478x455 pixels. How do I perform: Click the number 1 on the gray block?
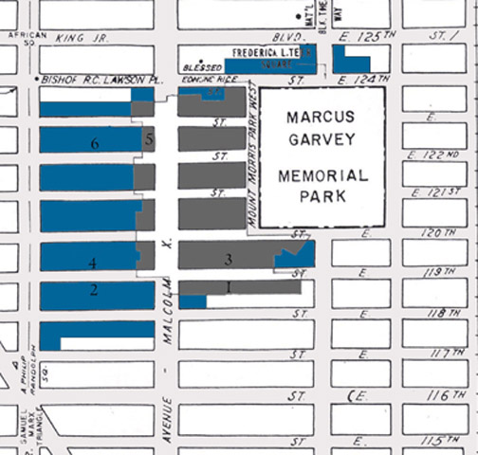pyautogui.click(x=229, y=285)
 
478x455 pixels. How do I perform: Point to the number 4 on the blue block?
pyautogui.click(x=92, y=263)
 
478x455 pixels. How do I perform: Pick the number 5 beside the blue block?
pyautogui.click(x=149, y=139)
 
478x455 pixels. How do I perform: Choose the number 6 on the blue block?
pyautogui.click(x=94, y=144)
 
